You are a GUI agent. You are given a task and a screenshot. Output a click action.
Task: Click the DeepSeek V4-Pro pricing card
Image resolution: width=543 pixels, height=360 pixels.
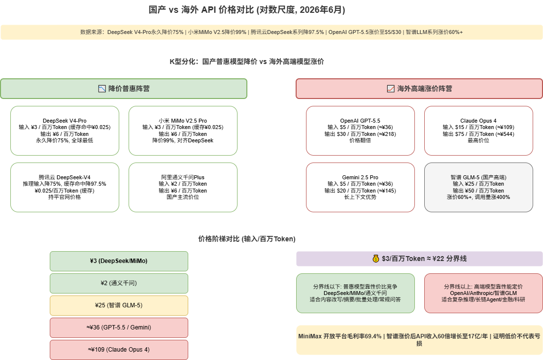coord(65,131)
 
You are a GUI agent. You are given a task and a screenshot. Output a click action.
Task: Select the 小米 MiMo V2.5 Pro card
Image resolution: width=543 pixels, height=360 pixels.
coord(183,131)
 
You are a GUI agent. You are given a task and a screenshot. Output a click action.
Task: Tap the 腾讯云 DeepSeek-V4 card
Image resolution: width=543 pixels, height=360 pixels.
coord(65,187)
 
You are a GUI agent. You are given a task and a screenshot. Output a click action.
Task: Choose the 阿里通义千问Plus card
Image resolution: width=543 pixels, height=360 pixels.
coord(183,187)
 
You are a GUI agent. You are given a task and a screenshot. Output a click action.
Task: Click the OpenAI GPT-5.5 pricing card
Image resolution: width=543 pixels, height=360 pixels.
coord(360,131)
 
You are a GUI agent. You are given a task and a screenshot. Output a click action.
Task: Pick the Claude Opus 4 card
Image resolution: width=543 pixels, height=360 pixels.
coord(478,131)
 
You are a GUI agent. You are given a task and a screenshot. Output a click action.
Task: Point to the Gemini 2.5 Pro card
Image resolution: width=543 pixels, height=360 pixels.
coord(360,187)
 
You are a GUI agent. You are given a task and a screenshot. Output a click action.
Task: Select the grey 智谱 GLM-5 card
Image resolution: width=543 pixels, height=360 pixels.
coord(478,187)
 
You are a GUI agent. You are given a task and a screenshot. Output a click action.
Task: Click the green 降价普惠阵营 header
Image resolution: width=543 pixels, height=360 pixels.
coord(124,89)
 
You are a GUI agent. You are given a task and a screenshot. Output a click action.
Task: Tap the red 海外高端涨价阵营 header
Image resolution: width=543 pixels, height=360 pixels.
coord(419,89)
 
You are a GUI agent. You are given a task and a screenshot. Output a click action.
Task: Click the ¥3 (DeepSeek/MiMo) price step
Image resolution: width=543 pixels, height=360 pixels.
coord(119,261)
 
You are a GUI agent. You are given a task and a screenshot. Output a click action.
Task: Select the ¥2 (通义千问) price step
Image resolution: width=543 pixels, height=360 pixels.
coord(119,283)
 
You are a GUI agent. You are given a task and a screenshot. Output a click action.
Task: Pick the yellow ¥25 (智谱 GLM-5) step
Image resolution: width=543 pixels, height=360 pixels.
coord(119,305)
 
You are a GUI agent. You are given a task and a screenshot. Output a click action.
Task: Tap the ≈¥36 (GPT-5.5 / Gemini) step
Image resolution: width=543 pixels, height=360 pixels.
coord(119,327)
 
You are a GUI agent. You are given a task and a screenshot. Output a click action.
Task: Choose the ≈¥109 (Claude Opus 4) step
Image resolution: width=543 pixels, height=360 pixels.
coord(119,350)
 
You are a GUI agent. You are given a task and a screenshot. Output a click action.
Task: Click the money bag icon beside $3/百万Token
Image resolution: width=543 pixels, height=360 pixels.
coord(376,259)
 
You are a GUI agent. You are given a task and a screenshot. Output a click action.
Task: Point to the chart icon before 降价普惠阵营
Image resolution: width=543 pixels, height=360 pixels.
coord(102,89)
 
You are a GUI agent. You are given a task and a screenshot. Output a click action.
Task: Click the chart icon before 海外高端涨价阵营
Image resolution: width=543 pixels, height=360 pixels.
coord(391,89)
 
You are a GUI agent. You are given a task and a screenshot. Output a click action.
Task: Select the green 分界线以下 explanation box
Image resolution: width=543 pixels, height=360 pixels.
coord(355,293)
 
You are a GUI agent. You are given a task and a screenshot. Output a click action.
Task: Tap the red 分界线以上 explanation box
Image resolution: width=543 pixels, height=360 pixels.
coord(483,293)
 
